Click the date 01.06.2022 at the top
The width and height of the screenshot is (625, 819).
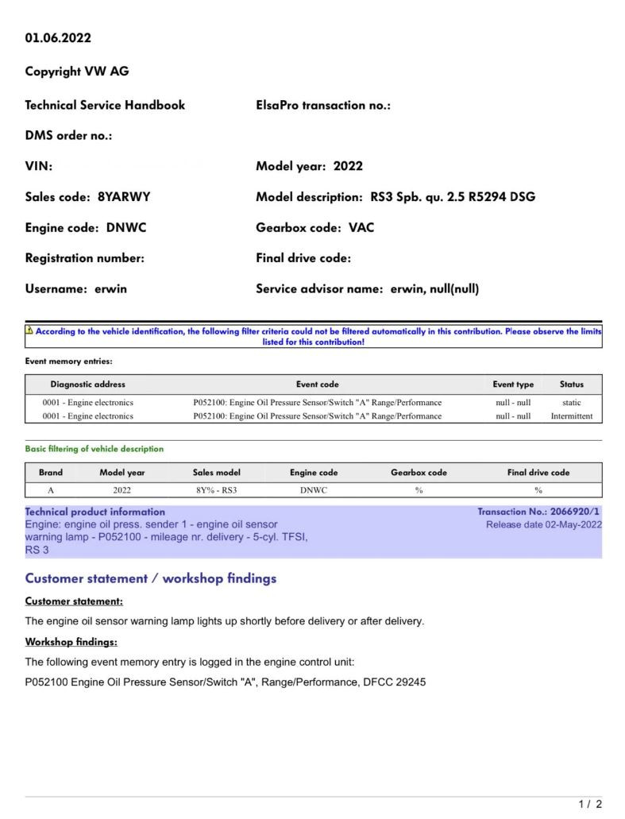58,38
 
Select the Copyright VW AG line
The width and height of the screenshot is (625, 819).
77,71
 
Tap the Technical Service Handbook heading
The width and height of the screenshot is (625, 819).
105,105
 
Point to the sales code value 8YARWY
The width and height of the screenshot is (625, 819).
124,197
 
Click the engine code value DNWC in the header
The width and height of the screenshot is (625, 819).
126,228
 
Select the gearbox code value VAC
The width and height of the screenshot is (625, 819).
361,228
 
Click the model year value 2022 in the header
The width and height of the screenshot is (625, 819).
348,166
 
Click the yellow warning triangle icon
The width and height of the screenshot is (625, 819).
29,330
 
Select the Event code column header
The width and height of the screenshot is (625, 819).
318,384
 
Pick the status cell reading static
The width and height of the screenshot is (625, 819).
571,403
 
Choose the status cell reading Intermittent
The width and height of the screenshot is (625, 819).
571,416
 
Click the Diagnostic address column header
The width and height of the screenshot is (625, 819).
87,384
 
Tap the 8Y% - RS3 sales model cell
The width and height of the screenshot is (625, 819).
216,490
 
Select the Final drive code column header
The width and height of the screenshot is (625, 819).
538,473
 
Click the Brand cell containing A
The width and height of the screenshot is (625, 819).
51,490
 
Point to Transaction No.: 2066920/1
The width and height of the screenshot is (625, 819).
538,512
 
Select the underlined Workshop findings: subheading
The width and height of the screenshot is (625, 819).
71,642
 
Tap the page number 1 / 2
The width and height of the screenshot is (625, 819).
590,805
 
